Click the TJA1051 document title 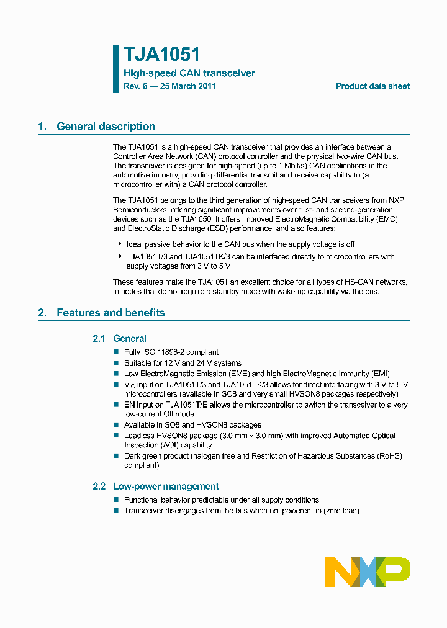pyautogui.click(x=161, y=55)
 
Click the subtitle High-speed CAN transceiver pyautogui.click(x=189, y=73)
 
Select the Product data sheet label pyautogui.click(x=372, y=86)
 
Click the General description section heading pyautogui.click(x=106, y=127)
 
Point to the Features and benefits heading pyautogui.click(x=110, y=313)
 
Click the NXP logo pyautogui.click(x=368, y=572)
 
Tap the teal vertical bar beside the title pyautogui.click(x=115, y=69)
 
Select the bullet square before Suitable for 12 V pyautogui.click(x=116, y=363)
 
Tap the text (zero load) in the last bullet pyautogui.click(x=341, y=511)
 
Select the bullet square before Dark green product pyautogui.click(x=116, y=456)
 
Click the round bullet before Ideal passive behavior pyautogui.click(x=120, y=244)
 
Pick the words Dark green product pyautogui.click(x=153, y=456)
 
